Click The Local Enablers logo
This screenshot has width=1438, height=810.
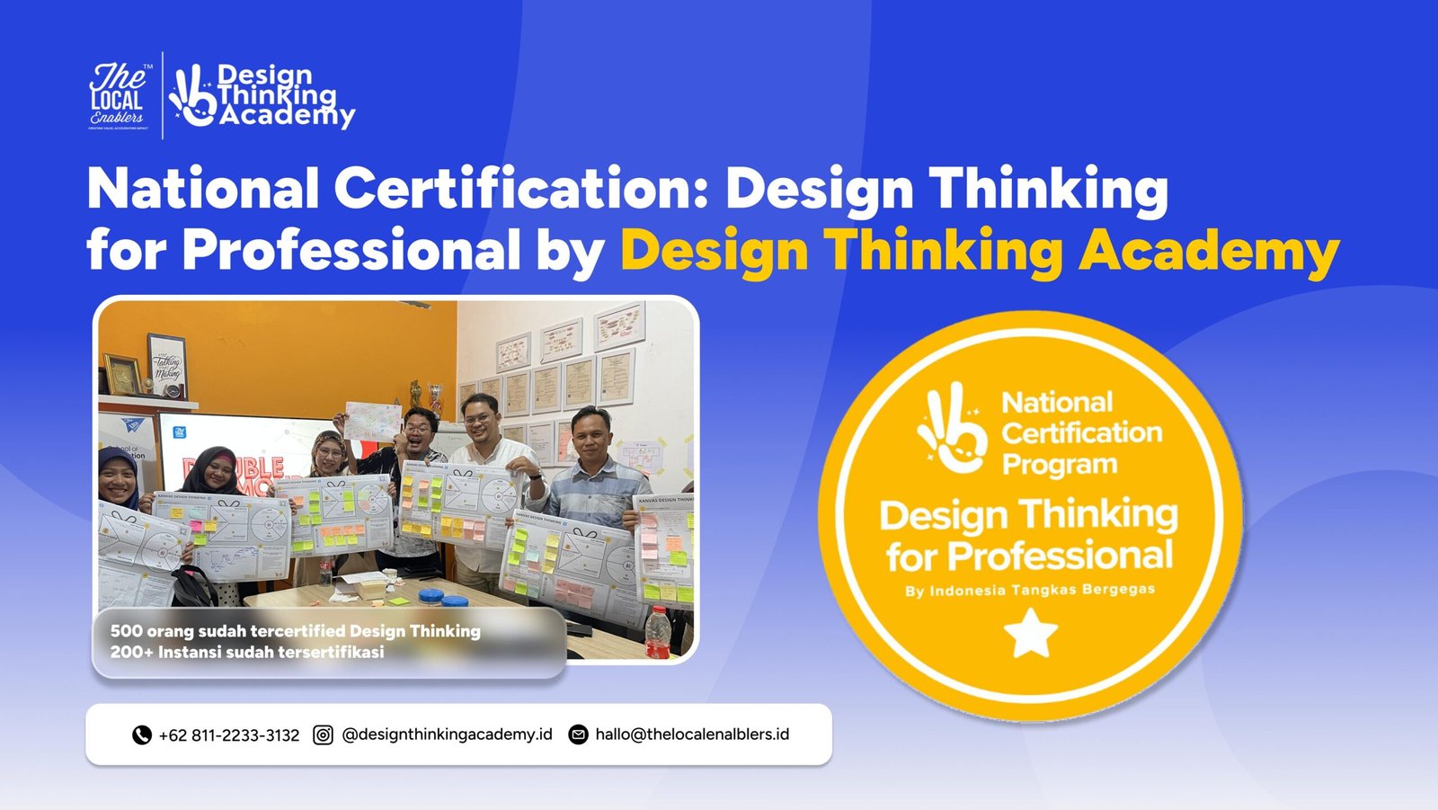click(x=117, y=96)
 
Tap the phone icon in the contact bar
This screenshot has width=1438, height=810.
click(x=141, y=735)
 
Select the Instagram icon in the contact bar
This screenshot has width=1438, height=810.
click(x=323, y=735)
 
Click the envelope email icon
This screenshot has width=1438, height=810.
click(x=579, y=735)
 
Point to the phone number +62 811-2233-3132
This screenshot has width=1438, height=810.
click(x=229, y=735)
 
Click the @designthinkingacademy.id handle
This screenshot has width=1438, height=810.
click(x=447, y=734)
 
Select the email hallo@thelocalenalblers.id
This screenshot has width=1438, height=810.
click(x=692, y=734)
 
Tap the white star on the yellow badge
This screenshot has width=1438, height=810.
click(x=1030, y=633)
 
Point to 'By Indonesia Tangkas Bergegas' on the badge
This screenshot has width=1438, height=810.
click(x=1030, y=591)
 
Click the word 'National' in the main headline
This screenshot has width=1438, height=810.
click(x=203, y=189)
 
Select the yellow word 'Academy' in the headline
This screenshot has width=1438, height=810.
click(x=1209, y=250)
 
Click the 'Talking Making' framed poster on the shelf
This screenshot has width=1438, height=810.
click(x=167, y=365)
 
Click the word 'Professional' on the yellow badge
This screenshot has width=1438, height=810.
click(x=1061, y=556)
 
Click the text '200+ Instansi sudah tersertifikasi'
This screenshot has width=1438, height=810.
click(x=247, y=652)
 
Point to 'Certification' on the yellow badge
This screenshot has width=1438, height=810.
click(x=1082, y=433)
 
